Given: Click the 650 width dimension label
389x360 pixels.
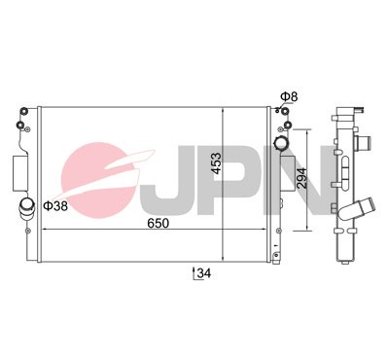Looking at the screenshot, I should point(159,224).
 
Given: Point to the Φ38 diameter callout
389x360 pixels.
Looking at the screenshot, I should point(55,206).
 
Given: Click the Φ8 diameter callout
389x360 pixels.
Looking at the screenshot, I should point(287,97).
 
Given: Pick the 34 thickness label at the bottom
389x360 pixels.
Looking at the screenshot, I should point(202,274).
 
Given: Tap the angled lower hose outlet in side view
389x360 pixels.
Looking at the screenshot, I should point(362,208).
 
